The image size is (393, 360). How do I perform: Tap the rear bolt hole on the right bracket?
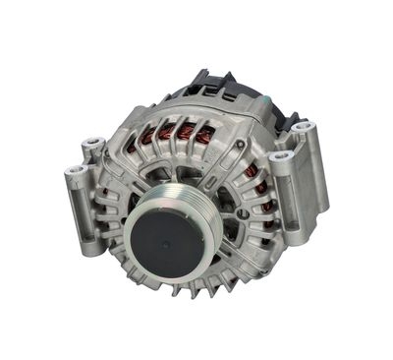305,128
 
